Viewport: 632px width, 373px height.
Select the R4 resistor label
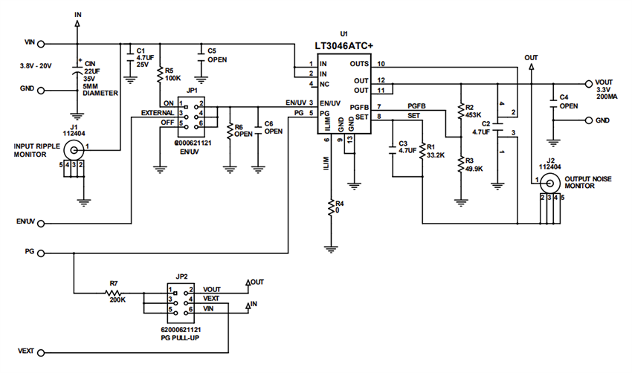[x=340, y=203]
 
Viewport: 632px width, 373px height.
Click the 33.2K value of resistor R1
[x=437, y=155]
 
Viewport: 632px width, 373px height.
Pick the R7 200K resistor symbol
[x=114, y=293]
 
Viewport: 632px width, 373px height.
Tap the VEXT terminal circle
[x=42, y=351]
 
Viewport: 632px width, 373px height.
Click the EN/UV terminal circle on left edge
[x=42, y=222]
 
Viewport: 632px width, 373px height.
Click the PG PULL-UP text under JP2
[x=181, y=337]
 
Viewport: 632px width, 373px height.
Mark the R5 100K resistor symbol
[x=159, y=74]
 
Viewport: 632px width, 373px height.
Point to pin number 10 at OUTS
[x=381, y=64]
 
